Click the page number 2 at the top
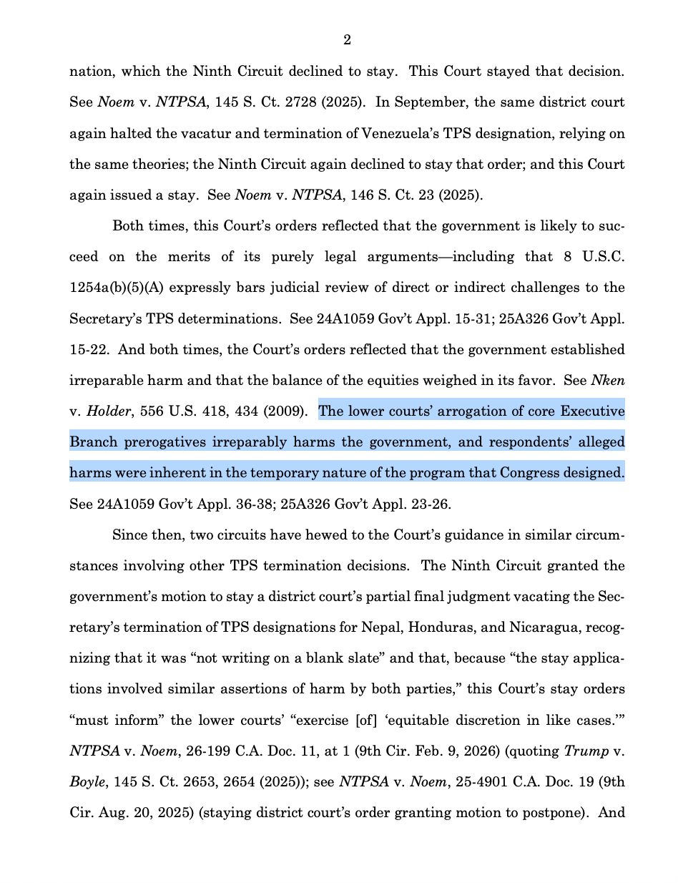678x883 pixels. point(347,40)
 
